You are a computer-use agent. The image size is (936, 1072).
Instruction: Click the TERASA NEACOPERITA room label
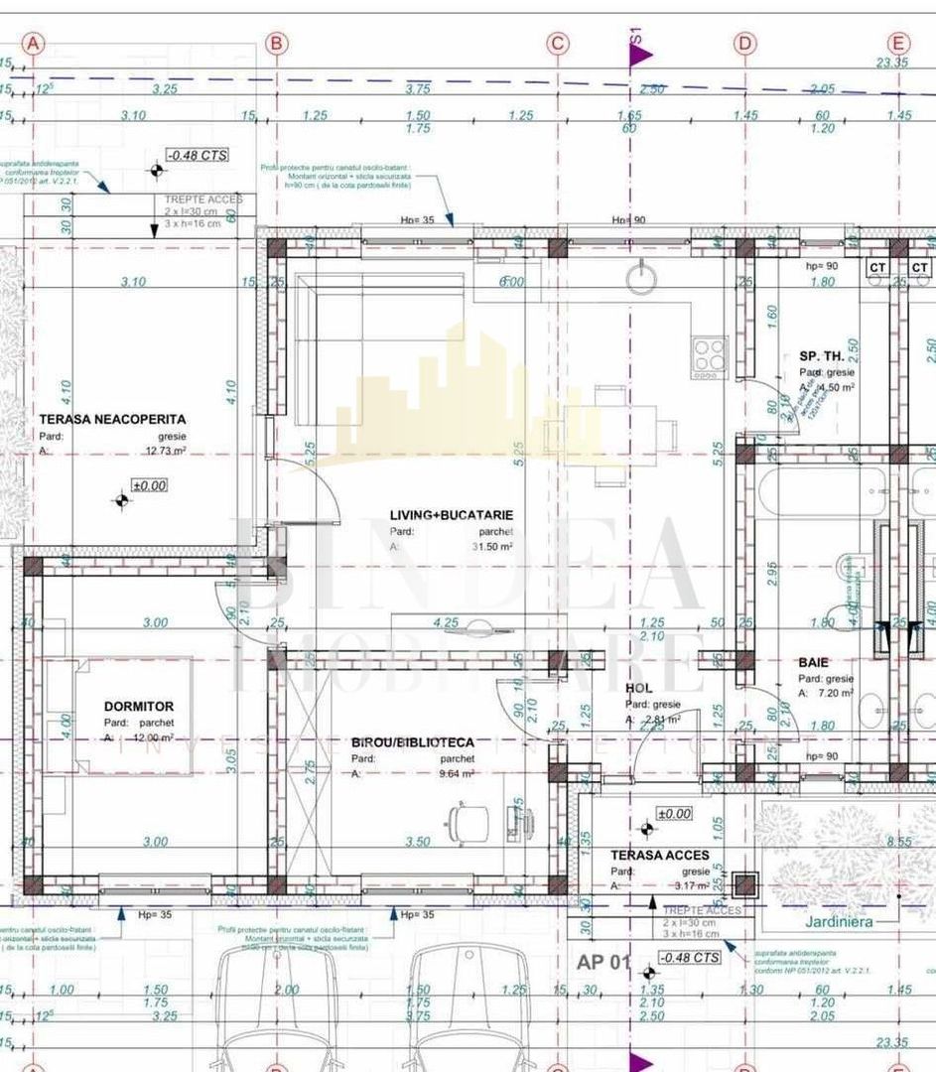click(111, 420)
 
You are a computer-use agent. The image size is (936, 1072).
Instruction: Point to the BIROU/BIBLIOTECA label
click(413, 741)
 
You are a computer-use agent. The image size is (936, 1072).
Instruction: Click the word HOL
click(637, 688)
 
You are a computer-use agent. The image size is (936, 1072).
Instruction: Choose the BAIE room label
click(813, 662)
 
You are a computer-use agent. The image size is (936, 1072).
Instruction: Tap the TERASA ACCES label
click(660, 855)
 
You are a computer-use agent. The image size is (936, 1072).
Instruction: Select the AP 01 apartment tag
click(603, 962)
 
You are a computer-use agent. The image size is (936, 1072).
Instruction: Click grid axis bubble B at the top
click(277, 44)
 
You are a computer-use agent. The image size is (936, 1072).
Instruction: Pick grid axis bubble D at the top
click(744, 44)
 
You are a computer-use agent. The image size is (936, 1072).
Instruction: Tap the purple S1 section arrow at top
click(639, 55)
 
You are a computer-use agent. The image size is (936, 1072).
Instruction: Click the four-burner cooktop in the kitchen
click(710, 355)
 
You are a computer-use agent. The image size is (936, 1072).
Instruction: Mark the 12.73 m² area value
click(165, 451)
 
